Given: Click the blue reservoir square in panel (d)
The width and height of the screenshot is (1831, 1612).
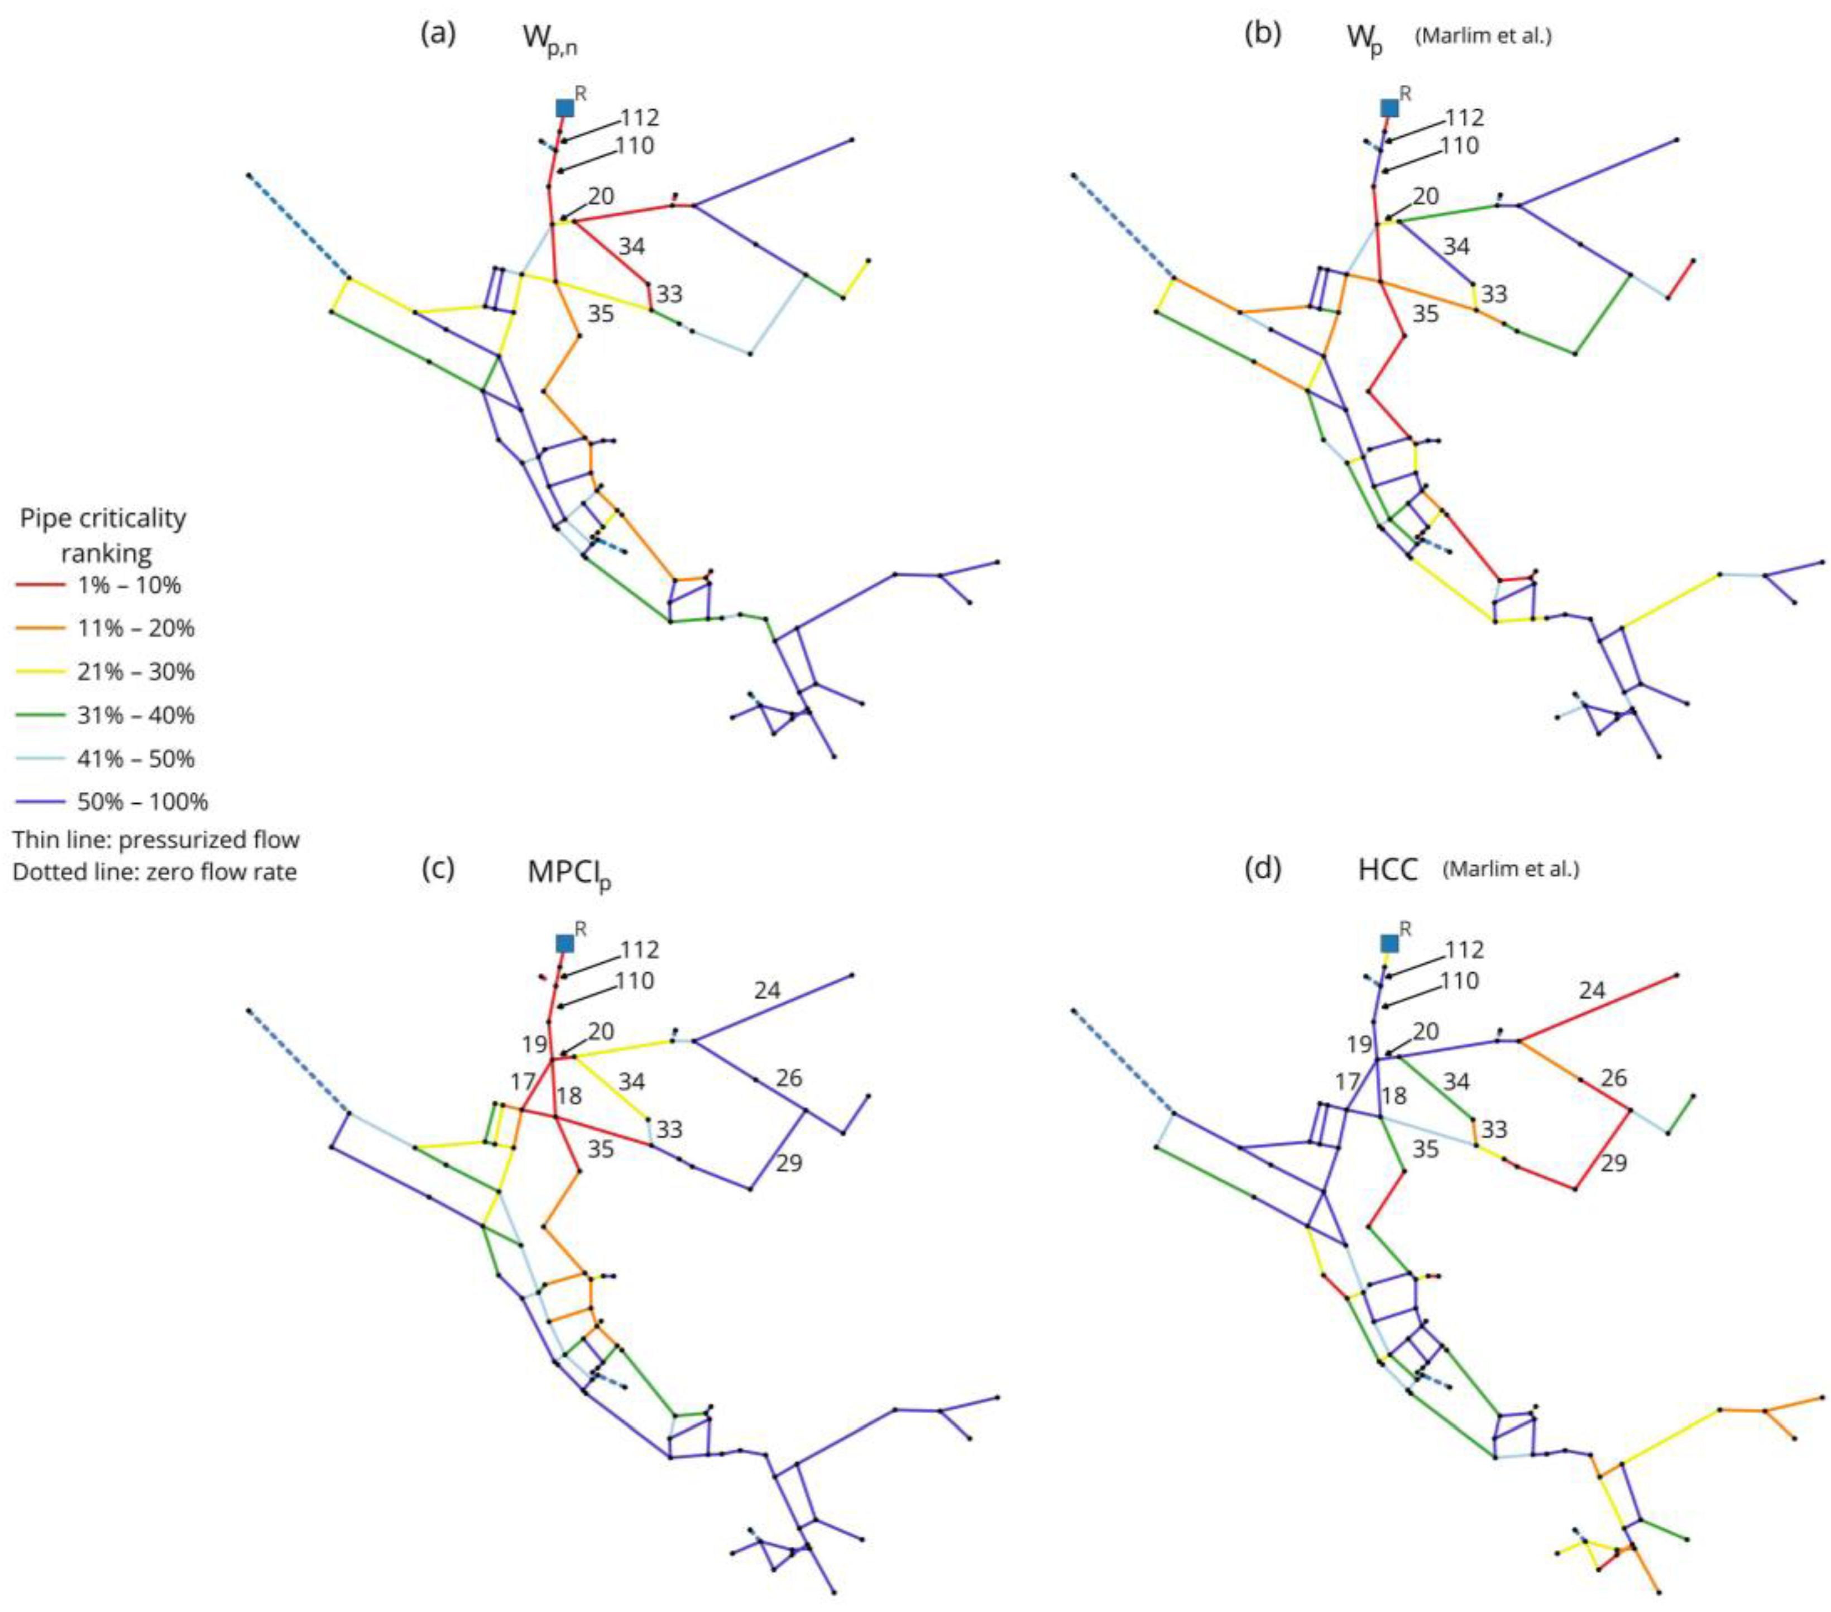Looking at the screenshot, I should point(1388,943).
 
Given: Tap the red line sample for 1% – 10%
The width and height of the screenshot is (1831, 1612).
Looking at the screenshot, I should point(40,585).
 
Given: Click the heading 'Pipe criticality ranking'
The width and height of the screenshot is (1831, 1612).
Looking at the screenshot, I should point(104,535).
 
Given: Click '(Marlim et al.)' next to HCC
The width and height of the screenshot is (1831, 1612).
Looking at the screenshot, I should point(1511,869).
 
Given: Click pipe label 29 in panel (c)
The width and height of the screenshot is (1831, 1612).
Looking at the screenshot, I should point(789,1163).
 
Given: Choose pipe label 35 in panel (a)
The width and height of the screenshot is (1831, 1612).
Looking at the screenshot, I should point(600,314).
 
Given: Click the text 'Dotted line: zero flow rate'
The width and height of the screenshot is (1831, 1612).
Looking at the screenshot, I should point(154,871).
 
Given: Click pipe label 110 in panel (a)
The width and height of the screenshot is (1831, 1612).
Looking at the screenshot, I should point(635,145).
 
